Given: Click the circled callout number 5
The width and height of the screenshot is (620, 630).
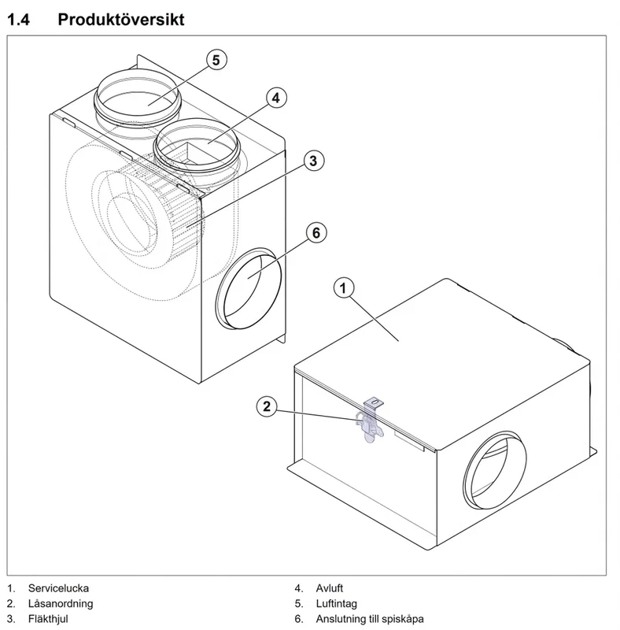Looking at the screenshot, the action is tap(216, 60).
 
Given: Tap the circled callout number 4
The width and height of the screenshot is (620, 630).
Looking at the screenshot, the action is tap(276, 98).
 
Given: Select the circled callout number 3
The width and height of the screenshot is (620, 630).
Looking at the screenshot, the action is tap(313, 161).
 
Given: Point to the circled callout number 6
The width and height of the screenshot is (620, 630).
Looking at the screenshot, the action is tap(316, 232).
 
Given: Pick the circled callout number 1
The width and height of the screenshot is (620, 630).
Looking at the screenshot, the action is tap(343, 288).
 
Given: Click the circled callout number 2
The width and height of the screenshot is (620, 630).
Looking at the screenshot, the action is tap(267, 406).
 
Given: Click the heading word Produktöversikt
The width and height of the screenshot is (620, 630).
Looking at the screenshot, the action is tap(121, 19).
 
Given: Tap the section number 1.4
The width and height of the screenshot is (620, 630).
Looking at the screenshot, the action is tap(18, 19).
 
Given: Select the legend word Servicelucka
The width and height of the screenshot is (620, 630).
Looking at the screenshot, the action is tap(58, 588).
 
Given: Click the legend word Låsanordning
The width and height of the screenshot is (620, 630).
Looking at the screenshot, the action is tap(61, 603).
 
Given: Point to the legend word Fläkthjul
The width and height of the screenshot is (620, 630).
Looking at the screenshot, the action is tap(48, 619).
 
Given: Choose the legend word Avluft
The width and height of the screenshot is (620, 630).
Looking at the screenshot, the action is tap(329, 588).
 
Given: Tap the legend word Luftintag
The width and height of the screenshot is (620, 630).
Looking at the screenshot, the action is tap(337, 603).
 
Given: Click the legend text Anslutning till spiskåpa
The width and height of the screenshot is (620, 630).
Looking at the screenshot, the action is tap(370, 619).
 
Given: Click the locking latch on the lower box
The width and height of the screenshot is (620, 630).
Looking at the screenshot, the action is tap(372, 421).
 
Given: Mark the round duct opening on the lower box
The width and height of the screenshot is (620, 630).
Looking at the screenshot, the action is tap(494, 470).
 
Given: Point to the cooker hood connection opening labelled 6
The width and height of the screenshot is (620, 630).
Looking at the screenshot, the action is tap(249, 288).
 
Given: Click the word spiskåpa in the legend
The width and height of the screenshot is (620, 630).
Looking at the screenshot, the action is tap(403, 619).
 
